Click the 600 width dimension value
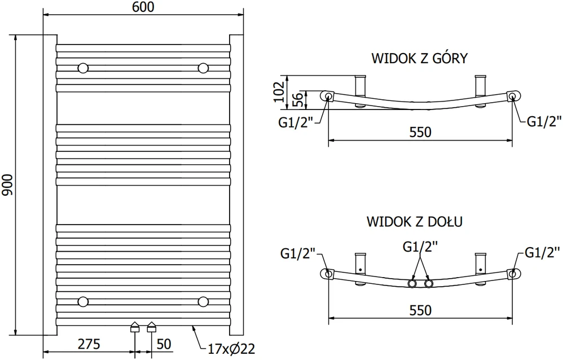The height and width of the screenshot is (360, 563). coord(143,7)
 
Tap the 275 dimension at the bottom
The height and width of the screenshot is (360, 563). coord(89,344)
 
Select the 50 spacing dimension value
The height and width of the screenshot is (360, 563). coord(164,344)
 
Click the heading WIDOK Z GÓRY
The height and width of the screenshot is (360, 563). coord(419,58)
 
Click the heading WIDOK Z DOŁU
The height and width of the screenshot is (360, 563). coord(414,221)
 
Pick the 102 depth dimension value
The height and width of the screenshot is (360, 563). coord(279,91)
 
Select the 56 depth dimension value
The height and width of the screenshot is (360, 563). coord(297,99)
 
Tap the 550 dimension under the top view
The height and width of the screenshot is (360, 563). coord(420,132)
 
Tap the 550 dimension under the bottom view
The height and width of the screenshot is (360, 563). coord(420,310)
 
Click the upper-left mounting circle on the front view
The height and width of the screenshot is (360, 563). coord(83,68)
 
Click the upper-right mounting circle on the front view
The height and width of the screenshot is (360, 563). coord(203,68)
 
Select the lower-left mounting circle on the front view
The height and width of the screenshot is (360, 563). coord(83,301)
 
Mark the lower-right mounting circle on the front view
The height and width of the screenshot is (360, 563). coord(203,301)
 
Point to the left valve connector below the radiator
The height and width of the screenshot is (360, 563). coord(135,327)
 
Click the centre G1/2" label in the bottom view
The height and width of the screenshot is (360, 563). coord(420,247)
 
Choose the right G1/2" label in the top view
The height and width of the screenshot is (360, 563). coord(544,122)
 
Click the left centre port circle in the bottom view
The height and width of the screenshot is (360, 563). coord(412,284)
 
